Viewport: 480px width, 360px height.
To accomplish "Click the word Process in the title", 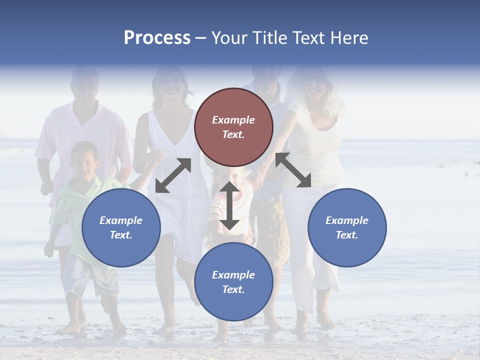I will click(157, 38).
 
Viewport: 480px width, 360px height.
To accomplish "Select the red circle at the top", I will click(233, 127).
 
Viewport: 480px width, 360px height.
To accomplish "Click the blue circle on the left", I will click(121, 227).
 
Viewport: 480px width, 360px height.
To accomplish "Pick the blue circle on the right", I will click(347, 227).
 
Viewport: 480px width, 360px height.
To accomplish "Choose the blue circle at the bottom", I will click(233, 282).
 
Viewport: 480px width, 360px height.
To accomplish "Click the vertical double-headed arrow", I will click(229, 205).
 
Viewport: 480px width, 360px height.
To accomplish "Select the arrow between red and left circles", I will click(173, 175).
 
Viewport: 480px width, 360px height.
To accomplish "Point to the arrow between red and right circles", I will click(293, 170).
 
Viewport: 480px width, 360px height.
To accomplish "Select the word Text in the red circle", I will click(233, 135).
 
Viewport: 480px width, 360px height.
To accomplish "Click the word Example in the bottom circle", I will click(233, 275).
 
